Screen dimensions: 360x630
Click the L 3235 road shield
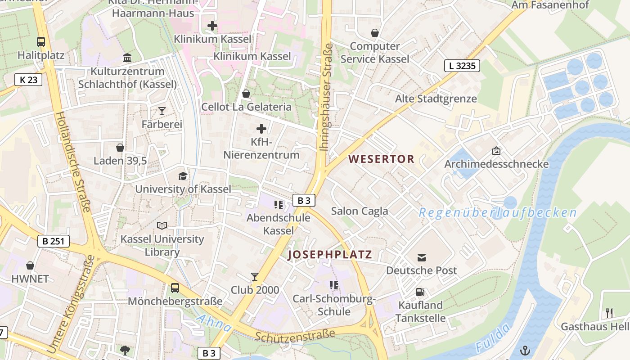(462, 66)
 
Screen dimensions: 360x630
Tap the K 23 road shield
(28, 80)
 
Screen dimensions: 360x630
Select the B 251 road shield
(53, 241)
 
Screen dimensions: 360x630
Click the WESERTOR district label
(381, 159)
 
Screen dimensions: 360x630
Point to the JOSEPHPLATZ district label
(330, 255)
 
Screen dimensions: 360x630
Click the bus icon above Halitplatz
(41, 42)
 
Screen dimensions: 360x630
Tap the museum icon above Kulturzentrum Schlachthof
(127, 58)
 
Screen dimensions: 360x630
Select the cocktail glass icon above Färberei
(162, 111)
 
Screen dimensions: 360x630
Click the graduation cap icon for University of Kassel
(183, 176)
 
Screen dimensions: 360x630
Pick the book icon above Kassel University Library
(162, 225)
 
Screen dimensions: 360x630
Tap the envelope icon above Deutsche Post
(422, 257)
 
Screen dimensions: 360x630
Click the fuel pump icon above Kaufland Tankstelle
(420, 292)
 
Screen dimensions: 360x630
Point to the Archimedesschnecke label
(496, 164)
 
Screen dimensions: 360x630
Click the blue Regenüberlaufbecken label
(498, 213)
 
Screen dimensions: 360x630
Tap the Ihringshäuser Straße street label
(326, 97)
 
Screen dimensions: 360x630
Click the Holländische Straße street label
(73, 162)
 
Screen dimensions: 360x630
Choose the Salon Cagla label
(359, 211)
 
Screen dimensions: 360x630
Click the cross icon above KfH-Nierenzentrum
(261, 129)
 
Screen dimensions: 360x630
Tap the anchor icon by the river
(525, 351)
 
